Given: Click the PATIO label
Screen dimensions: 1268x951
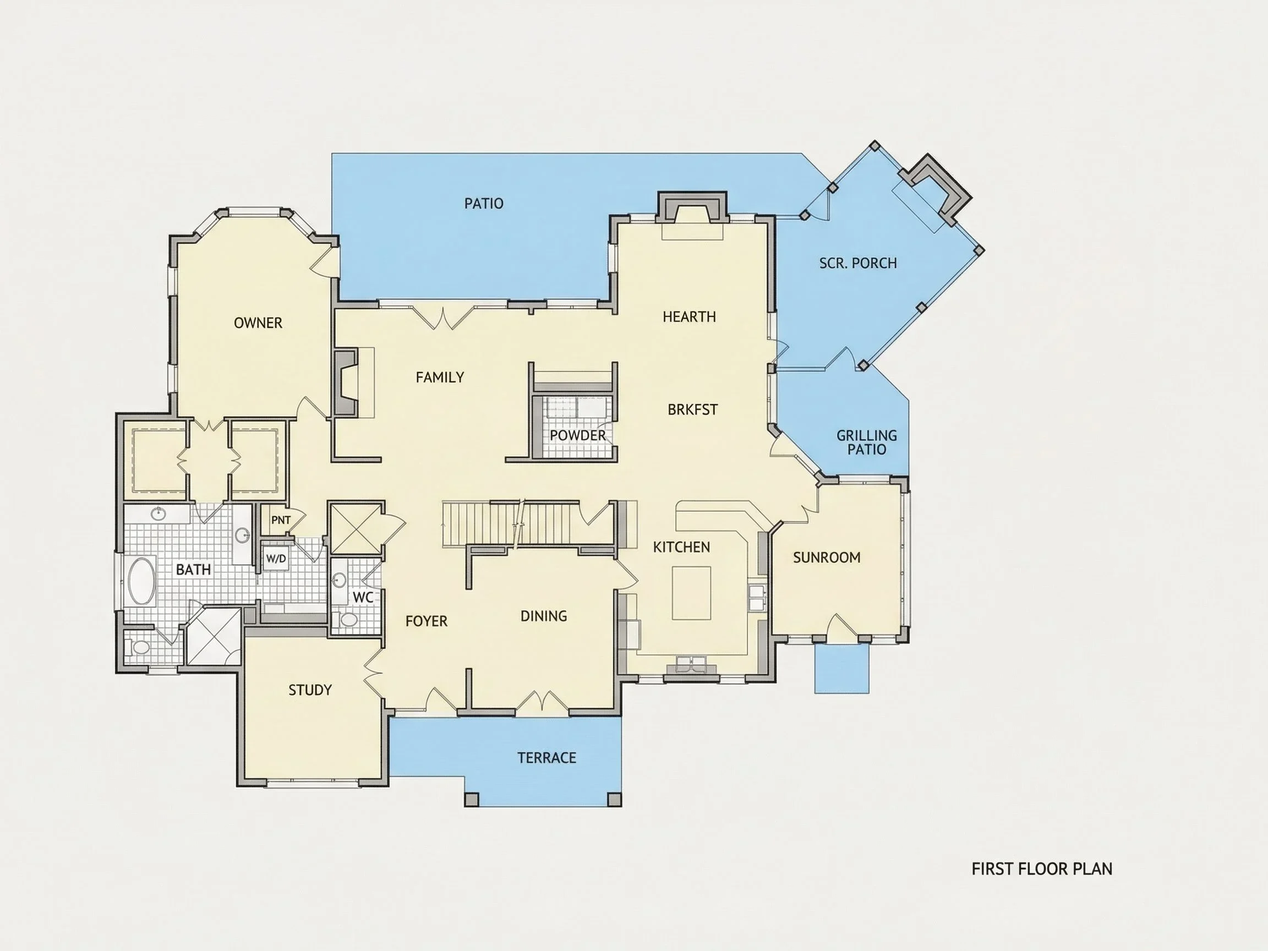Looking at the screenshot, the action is coord(484,204).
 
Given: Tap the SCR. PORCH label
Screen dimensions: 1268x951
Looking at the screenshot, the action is coord(857,263).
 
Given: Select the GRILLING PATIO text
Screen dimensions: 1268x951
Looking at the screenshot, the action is coord(867,442).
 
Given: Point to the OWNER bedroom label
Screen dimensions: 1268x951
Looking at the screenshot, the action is coord(258,323).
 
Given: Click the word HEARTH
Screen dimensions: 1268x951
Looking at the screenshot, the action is coord(689,316).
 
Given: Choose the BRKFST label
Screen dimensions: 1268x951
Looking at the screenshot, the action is coord(692,410).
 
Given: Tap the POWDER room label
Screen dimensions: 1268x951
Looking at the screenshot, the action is coord(577,436).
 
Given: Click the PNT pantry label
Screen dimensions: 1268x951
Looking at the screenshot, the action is coord(281,520).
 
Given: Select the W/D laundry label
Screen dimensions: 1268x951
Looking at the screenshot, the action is coord(276,559).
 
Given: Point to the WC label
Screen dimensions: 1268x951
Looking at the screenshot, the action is coord(363,597).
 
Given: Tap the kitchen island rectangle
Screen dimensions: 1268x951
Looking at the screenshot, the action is coord(691,593).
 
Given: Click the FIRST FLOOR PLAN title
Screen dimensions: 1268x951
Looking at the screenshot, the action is coord(1042,869).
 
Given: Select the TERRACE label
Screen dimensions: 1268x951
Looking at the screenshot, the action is coord(546,758).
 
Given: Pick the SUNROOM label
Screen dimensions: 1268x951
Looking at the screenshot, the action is coord(827,557).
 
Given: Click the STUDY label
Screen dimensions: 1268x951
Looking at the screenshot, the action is coord(310,690).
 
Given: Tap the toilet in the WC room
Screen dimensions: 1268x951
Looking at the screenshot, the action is coord(347,619).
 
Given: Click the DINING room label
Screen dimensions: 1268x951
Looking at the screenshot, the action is coord(543,616).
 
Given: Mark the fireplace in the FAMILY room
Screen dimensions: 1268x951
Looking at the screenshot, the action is coord(346,382).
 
